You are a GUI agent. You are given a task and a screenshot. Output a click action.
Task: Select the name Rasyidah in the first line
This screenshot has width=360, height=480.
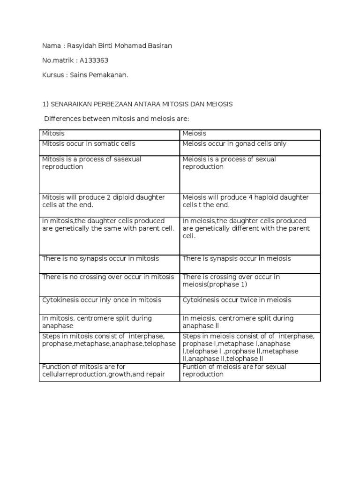pos(81,45)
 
